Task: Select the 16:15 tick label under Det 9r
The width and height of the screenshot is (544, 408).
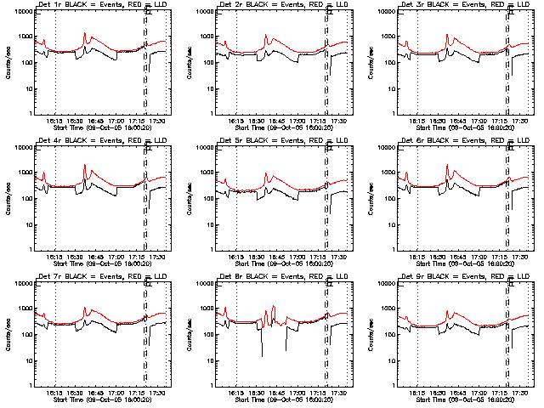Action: tap(416, 392)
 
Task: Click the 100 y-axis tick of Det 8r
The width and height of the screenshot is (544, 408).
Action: tap(207, 334)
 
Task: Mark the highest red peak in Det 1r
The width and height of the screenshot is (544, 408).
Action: tap(85, 34)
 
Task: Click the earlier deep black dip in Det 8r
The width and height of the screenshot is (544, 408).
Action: tap(262, 354)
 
